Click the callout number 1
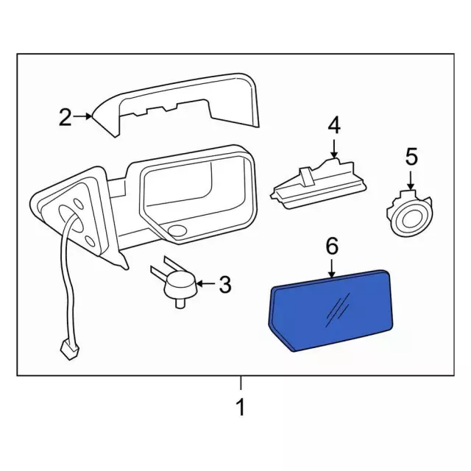(241, 407)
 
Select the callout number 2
(65, 117)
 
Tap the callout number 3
(225, 285)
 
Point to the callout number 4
(334, 125)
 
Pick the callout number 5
(411, 157)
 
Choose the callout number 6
(332, 246)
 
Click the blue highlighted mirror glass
(330, 311)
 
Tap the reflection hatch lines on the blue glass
(338, 310)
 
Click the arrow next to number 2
(82, 116)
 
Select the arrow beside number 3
(206, 283)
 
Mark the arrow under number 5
(411, 180)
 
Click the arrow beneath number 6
(332, 268)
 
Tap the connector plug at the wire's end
(69, 350)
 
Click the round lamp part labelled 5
(410, 213)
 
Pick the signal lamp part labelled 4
(319, 183)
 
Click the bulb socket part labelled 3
(176, 283)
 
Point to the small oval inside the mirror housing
(177, 230)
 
